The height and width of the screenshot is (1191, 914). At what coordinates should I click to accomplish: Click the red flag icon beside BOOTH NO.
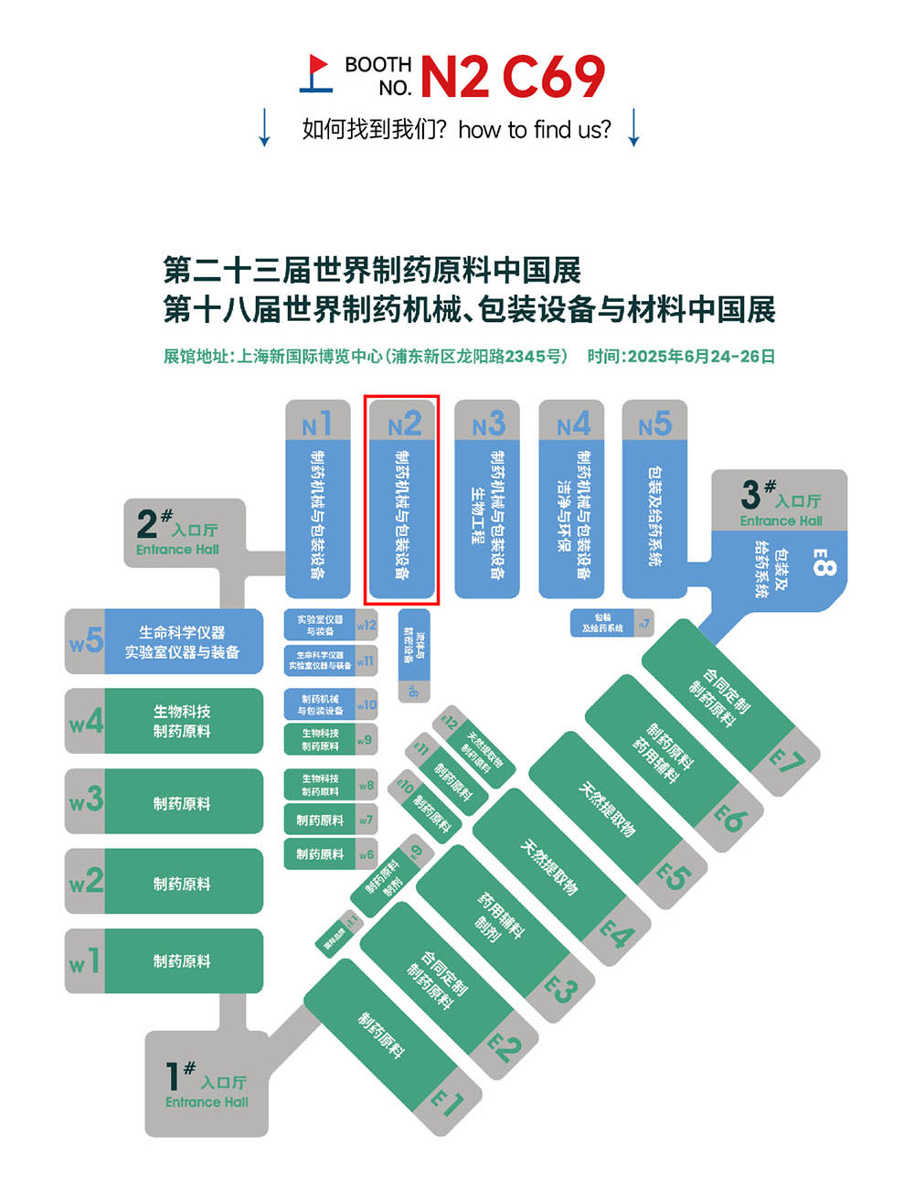(x=316, y=74)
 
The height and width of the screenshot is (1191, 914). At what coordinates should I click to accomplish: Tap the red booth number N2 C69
(x=512, y=76)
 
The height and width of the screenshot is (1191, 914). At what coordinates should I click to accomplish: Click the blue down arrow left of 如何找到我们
(x=264, y=127)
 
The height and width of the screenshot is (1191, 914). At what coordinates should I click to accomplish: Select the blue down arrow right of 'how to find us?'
(x=633, y=127)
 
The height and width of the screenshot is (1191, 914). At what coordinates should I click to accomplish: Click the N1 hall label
(x=317, y=424)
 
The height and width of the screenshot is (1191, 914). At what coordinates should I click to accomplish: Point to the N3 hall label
(x=487, y=424)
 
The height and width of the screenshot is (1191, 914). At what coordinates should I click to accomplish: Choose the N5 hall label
(x=654, y=424)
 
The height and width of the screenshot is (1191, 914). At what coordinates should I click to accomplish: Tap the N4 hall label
(x=572, y=424)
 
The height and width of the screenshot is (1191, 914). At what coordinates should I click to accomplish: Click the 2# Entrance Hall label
(x=176, y=531)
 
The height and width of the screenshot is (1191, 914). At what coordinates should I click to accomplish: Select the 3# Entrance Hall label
(x=781, y=504)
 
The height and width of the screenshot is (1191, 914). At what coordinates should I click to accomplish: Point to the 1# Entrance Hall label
(x=207, y=1084)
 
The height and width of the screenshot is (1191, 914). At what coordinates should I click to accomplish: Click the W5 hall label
(x=86, y=641)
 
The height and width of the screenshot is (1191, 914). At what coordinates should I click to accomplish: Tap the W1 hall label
(x=85, y=961)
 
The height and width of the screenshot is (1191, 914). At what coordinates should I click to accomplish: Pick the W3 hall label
(x=86, y=801)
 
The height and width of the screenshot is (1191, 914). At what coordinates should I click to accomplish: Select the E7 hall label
(x=785, y=759)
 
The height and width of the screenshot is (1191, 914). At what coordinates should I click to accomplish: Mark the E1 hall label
(x=447, y=1102)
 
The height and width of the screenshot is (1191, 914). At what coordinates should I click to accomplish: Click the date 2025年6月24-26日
(x=681, y=357)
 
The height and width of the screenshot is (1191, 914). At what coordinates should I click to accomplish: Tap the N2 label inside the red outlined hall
(x=404, y=424)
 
